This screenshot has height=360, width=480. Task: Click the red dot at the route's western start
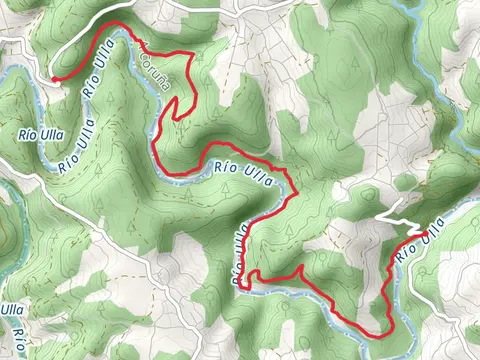click(54, 78)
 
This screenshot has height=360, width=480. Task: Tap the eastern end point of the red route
click(426, 234)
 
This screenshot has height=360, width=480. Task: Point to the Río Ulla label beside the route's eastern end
click(419, 246)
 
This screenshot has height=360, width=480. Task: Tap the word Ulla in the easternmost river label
click(427, 241)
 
